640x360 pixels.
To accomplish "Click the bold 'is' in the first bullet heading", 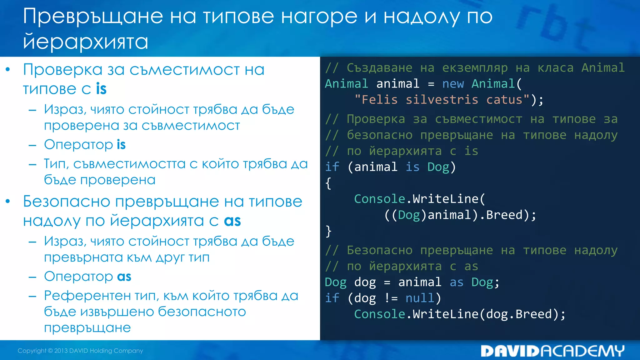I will [x=101, y=89].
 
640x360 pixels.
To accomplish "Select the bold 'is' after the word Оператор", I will [x=121, y=145].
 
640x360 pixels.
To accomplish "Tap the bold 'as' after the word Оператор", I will [x=124, y=277].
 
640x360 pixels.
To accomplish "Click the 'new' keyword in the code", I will [x=453, y=84].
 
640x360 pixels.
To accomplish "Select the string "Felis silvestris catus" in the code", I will [x=442, y=100].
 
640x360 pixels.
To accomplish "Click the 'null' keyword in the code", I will [x=420, y=298].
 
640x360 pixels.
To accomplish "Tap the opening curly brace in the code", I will [x=328, y=183].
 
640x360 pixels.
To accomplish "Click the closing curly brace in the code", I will [x=328, y=231].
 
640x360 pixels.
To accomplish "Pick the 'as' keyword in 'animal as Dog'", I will [x=456, y=282].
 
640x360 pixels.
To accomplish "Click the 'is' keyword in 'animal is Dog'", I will [x=412, y=167].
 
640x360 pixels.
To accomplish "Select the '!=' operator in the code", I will [x=391, y=298].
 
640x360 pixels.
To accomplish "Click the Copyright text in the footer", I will [x=80, y=351].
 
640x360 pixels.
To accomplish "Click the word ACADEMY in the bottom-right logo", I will [x=582, y=351].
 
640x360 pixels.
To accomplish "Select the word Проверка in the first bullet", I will [x=62, y=70].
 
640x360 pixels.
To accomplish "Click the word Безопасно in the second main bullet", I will [x=66, y=202].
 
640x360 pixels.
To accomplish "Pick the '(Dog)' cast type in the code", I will [x=409, y=215].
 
